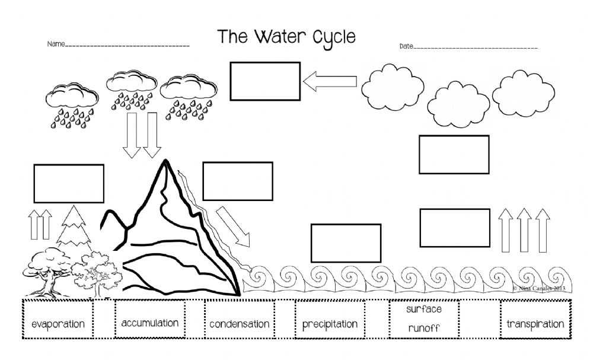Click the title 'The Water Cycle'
coord(286,37)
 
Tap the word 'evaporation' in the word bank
coord(58,324)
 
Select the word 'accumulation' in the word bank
coord(149,323)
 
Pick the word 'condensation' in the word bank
coord(239,324)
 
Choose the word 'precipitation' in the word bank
coord(330,324)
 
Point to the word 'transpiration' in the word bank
coord(535,324)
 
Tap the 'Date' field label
coord(406,46)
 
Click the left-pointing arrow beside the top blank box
coord(330,81)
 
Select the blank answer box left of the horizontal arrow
coord(265,81)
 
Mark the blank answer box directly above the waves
coord(346,243)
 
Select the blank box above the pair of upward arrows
coord(69,183)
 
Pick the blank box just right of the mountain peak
coord(237,181)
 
